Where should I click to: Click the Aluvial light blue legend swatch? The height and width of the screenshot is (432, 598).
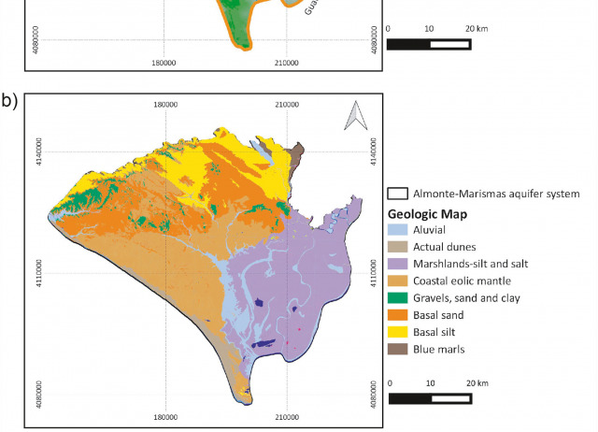(x=397, y=229)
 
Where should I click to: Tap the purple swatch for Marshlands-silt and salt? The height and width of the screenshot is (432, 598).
(x=397, y=263)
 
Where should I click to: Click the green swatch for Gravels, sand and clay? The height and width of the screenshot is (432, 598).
(x=397, y=297)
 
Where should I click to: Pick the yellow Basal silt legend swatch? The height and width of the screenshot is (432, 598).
(x=397, y=332)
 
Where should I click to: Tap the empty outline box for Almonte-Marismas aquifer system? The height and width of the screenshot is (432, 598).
(x=397, y=194)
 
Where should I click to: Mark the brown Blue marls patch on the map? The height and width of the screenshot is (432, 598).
(x=297, y=155)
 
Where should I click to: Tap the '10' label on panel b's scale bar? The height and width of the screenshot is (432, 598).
(x=431, y=383)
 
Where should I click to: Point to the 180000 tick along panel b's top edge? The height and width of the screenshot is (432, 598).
(x=165, y=104)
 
